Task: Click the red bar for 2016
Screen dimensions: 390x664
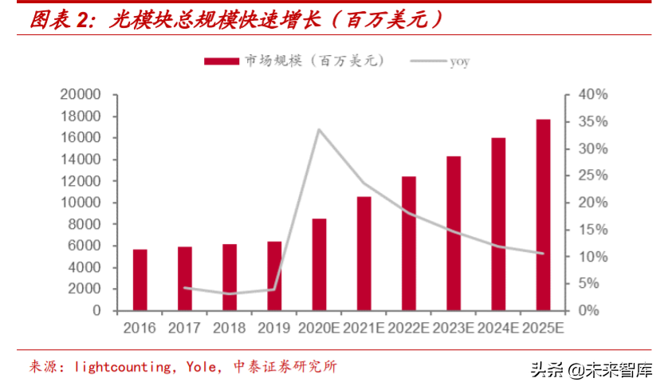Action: [x=139, y=280]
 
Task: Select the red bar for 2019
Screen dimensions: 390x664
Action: [x=273, y=276]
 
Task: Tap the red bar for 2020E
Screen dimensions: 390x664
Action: [x=319, y=264]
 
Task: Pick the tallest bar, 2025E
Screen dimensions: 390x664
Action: [x=543, y=215]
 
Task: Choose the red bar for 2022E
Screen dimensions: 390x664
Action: [x=408, y=243]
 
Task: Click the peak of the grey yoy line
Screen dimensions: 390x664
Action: [x=319, y=129]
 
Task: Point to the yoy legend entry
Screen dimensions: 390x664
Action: [x=458, y=61]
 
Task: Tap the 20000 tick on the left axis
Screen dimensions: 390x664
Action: [x=80, y=95]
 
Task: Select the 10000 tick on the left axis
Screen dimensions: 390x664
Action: [x=80, y=203]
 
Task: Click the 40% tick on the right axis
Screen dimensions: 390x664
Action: [x=592, y=95]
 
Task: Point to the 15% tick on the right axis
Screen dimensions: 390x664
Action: [x=592, y=230]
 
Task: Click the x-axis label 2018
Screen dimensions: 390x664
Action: [x=229, y=328]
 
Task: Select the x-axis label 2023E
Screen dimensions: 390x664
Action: [x=453, y=328]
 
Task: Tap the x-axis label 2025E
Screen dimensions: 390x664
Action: [x=543, y=328]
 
